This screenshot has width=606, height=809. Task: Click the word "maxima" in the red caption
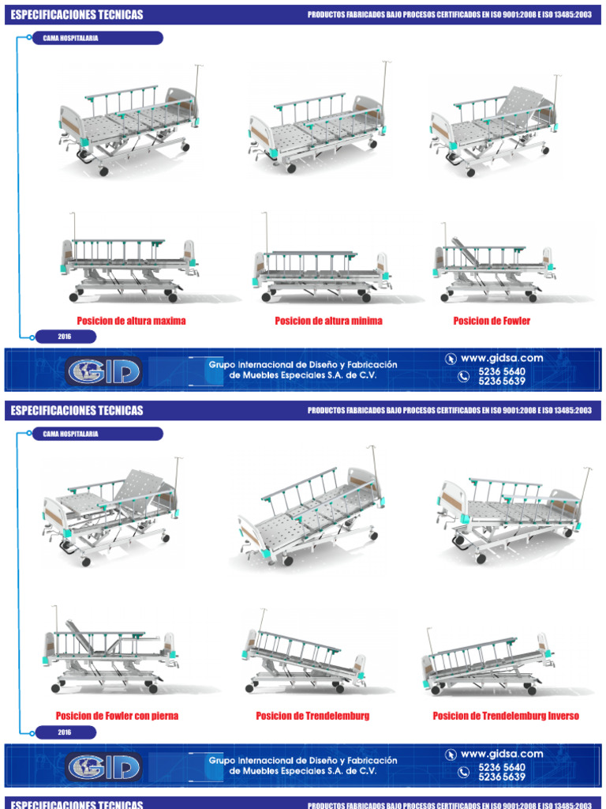tap(168, 321)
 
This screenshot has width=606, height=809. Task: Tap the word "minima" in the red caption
tap(365, 321)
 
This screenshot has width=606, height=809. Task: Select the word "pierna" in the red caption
tap(163, 716)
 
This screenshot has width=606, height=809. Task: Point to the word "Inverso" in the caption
tap(563, 716)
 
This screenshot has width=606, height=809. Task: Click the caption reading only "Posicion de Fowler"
tap(492, 321)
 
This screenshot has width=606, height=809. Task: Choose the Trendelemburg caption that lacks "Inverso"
tap(312, 716)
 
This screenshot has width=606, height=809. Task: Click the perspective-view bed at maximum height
tap(129, 121)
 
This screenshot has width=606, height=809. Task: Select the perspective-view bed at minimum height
tap(317, 119)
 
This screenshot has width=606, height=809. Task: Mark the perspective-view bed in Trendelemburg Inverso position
tap(511, 515)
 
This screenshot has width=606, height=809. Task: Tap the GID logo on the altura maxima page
tap(104, 371)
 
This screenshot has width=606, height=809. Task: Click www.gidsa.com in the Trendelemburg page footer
tap(501, 754)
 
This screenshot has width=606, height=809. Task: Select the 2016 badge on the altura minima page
tap(65, 337)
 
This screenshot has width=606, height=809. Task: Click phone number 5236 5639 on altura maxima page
tap(501, 382)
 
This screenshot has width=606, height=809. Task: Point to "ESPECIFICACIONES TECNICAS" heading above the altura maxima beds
tap(77, 15)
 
